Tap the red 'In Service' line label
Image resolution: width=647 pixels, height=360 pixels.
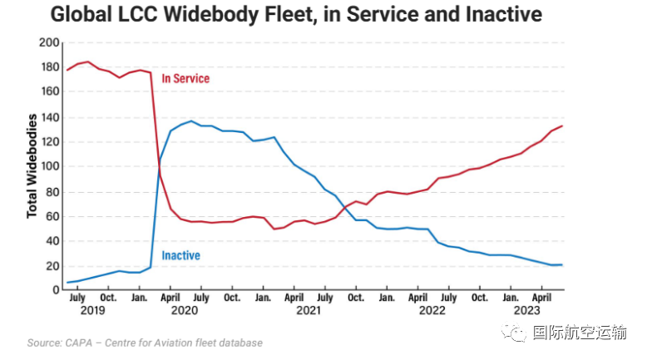click(185, 79)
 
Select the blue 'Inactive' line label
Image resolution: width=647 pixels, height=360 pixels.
click(180, 255)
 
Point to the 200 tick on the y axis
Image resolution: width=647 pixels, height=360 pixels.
click(49, 42)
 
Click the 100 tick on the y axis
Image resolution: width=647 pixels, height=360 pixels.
click(49, 166)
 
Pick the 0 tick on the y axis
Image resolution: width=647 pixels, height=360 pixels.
click(56, 290)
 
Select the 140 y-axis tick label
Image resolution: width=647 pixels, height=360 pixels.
click(49, 116)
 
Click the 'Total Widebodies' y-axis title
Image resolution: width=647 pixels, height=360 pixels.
click(32, 166)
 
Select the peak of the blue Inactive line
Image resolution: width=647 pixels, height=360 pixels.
click(191, 121)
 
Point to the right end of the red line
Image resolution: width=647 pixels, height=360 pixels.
click(563, 126)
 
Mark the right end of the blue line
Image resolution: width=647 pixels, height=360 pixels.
click(563, 264)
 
